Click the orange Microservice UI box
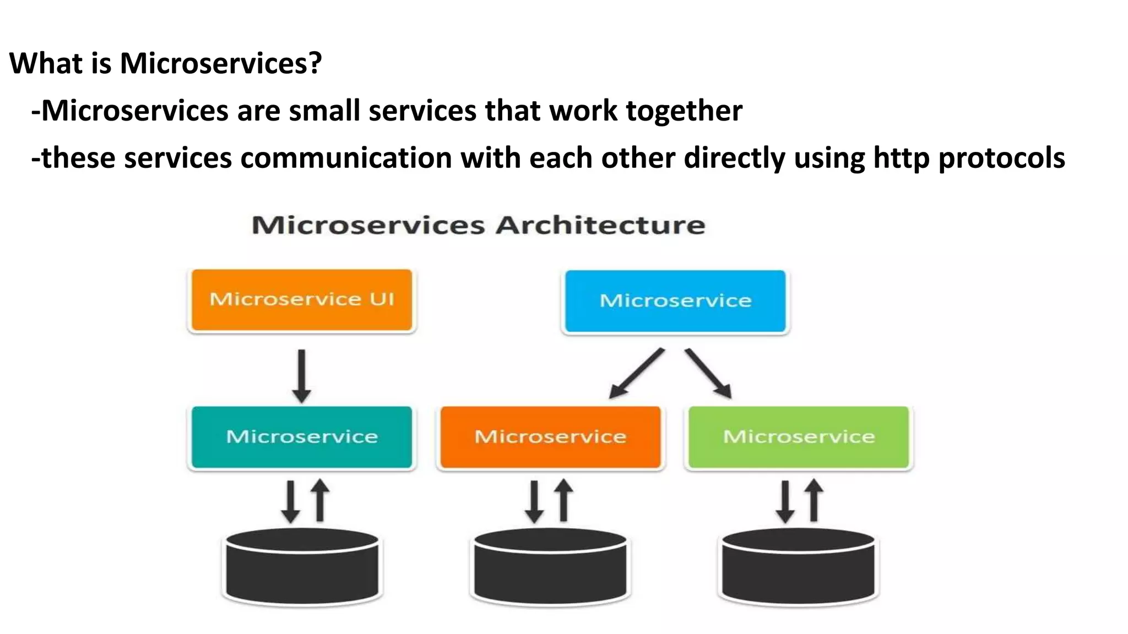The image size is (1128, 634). (301, 300)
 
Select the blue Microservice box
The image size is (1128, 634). (675, 301)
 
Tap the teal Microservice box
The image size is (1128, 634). (301, 437)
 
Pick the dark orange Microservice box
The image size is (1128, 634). (550, 437)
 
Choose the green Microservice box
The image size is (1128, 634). (799, 437)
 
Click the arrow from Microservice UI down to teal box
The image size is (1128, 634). (301, 376)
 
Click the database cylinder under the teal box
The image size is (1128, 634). (302, 567)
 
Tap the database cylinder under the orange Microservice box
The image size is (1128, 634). (550, 567)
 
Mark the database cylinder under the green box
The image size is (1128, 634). (798, 567)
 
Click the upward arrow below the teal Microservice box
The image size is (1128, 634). (320, 500)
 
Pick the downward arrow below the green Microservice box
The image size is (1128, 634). (785, 501)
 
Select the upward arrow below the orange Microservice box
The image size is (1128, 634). (563, 500)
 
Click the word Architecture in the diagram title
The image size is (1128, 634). (600, 226)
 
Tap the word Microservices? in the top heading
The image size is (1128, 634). (220, 63)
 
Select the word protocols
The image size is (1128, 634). (1001, 158)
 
